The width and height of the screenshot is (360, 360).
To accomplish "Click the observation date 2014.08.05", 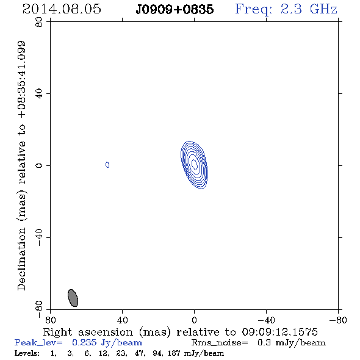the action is pyautogui.click(x=62, y=9).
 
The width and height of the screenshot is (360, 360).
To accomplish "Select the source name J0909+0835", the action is pyautogui.click(x=175, y=9).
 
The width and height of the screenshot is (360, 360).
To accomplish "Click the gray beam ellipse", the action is pyautogui.click(x=73, y=298).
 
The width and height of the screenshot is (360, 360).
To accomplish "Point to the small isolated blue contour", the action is pyautogui.click(x=107, y=165).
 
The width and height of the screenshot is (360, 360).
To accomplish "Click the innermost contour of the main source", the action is pyautogui.click(x=194, y=164).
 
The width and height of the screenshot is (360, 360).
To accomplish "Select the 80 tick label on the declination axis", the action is pyautogui.click(x=39, y=22).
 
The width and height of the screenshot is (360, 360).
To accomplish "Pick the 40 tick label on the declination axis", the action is pyautogui.click(x=39, y=94).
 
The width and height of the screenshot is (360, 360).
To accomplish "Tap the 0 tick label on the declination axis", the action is pyautogui.click(x=39, y=165).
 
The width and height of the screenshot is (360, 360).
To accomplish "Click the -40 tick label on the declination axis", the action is pyautogui.click(x=39, y=237).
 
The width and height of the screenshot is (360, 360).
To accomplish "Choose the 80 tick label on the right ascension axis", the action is pyautogui.click(x=50, y=320).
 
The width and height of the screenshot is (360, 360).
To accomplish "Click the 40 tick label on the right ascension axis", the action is pyautogui.click(x=122, y=320).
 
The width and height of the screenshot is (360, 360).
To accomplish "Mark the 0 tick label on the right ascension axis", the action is pyautogui.click(x=194, y=320).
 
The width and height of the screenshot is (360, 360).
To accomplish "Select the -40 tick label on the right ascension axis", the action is pyautogui.click(x=266, y=320).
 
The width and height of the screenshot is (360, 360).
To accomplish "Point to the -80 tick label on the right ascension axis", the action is pyautogui.click(x=338, y=320).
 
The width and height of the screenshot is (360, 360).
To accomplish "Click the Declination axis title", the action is pyautogui.click(x=21, y=165).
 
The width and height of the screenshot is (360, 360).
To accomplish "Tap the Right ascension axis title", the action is pyautogui.click(x=180, y=332).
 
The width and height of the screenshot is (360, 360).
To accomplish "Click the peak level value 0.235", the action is pyautogui.click(x=84, y=342).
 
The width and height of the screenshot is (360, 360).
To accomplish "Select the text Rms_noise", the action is pyautogui.click(x=220, y=343).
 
